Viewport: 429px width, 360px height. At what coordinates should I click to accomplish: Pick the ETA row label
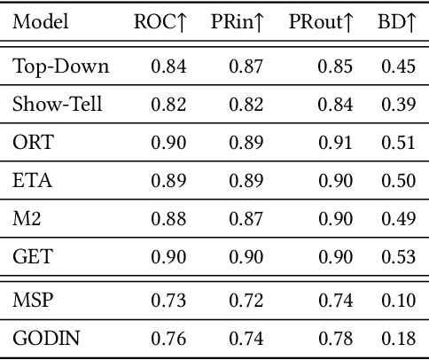32,182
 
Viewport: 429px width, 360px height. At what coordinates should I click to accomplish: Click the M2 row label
27,220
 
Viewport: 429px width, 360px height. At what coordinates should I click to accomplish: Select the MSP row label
32,300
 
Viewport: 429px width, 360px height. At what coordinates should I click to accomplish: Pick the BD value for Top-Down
398,67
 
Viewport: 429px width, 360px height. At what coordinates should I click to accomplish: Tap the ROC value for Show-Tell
168,105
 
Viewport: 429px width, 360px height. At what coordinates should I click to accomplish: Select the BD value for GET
398,258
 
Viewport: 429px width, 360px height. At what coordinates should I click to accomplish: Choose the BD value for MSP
398,300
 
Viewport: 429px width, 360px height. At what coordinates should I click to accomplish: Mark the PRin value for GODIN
247,338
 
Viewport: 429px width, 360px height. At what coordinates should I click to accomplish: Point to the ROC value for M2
168,220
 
